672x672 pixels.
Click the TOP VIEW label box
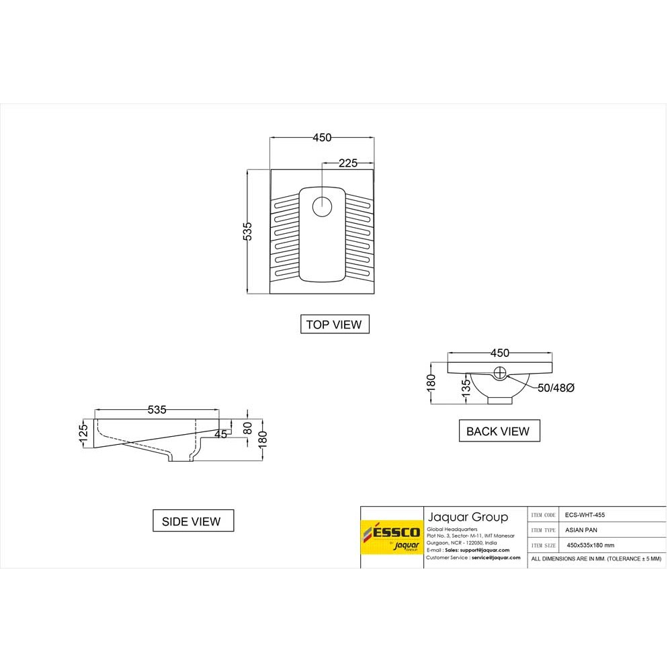click(334, 325)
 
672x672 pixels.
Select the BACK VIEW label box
click(498, 431)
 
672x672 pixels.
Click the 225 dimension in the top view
click(347, 163)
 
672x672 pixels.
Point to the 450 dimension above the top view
click(322, 138)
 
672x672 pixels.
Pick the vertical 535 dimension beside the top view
click(247, 231)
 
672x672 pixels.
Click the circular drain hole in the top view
click(323, 206)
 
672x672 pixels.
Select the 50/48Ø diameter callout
click(555, 388)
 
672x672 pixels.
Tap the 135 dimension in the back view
click(465, 389)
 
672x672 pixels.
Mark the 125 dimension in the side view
click(85, 430)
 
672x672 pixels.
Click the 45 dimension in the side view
click(221, 434)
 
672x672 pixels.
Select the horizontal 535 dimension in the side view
click(157, 409)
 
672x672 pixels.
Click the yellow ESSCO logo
click(392, 536)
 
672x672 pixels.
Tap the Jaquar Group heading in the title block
click(468, 517)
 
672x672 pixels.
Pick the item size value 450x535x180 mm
click(590, 545)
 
